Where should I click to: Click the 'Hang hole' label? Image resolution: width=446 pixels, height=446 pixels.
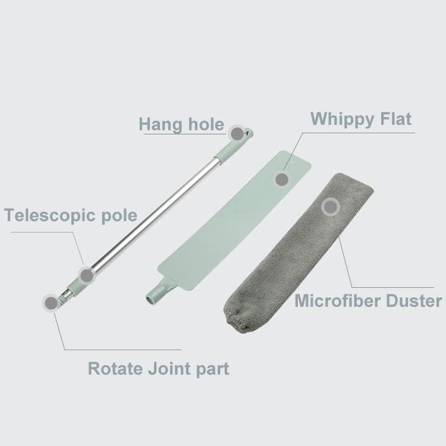point(181,124)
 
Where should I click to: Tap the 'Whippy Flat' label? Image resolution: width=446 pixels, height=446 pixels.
point(361,118)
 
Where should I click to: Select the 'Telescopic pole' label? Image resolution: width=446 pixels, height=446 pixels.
point(71,215)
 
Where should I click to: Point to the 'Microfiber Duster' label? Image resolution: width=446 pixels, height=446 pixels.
point(369,301)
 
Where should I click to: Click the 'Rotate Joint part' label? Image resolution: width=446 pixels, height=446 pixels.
point(158,368)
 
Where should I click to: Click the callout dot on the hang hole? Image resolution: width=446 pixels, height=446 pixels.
point(237,133)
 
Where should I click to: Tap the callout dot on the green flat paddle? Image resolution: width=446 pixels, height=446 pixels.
point(281,178)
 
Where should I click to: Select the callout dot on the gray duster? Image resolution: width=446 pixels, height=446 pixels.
point(330,207)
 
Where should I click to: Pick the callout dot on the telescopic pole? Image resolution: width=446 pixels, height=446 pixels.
point(87,275)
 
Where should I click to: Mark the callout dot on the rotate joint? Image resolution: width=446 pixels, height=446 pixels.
point(52,302)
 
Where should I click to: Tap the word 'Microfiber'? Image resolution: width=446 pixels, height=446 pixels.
point(332,301)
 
